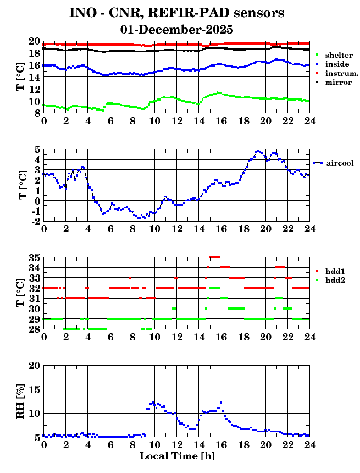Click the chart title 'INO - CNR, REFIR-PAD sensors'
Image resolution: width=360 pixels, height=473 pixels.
176,13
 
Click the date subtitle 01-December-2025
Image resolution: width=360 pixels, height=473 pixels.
176,29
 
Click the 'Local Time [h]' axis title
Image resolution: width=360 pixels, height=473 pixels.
176,456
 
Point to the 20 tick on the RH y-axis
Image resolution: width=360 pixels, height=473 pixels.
34,366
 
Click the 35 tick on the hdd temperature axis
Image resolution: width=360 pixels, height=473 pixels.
34,257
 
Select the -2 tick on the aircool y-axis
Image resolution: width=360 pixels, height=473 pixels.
35,221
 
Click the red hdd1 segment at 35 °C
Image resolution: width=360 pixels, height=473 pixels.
214,257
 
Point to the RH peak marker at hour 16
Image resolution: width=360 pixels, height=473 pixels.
221,403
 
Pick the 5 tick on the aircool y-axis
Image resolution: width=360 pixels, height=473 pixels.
37,149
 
